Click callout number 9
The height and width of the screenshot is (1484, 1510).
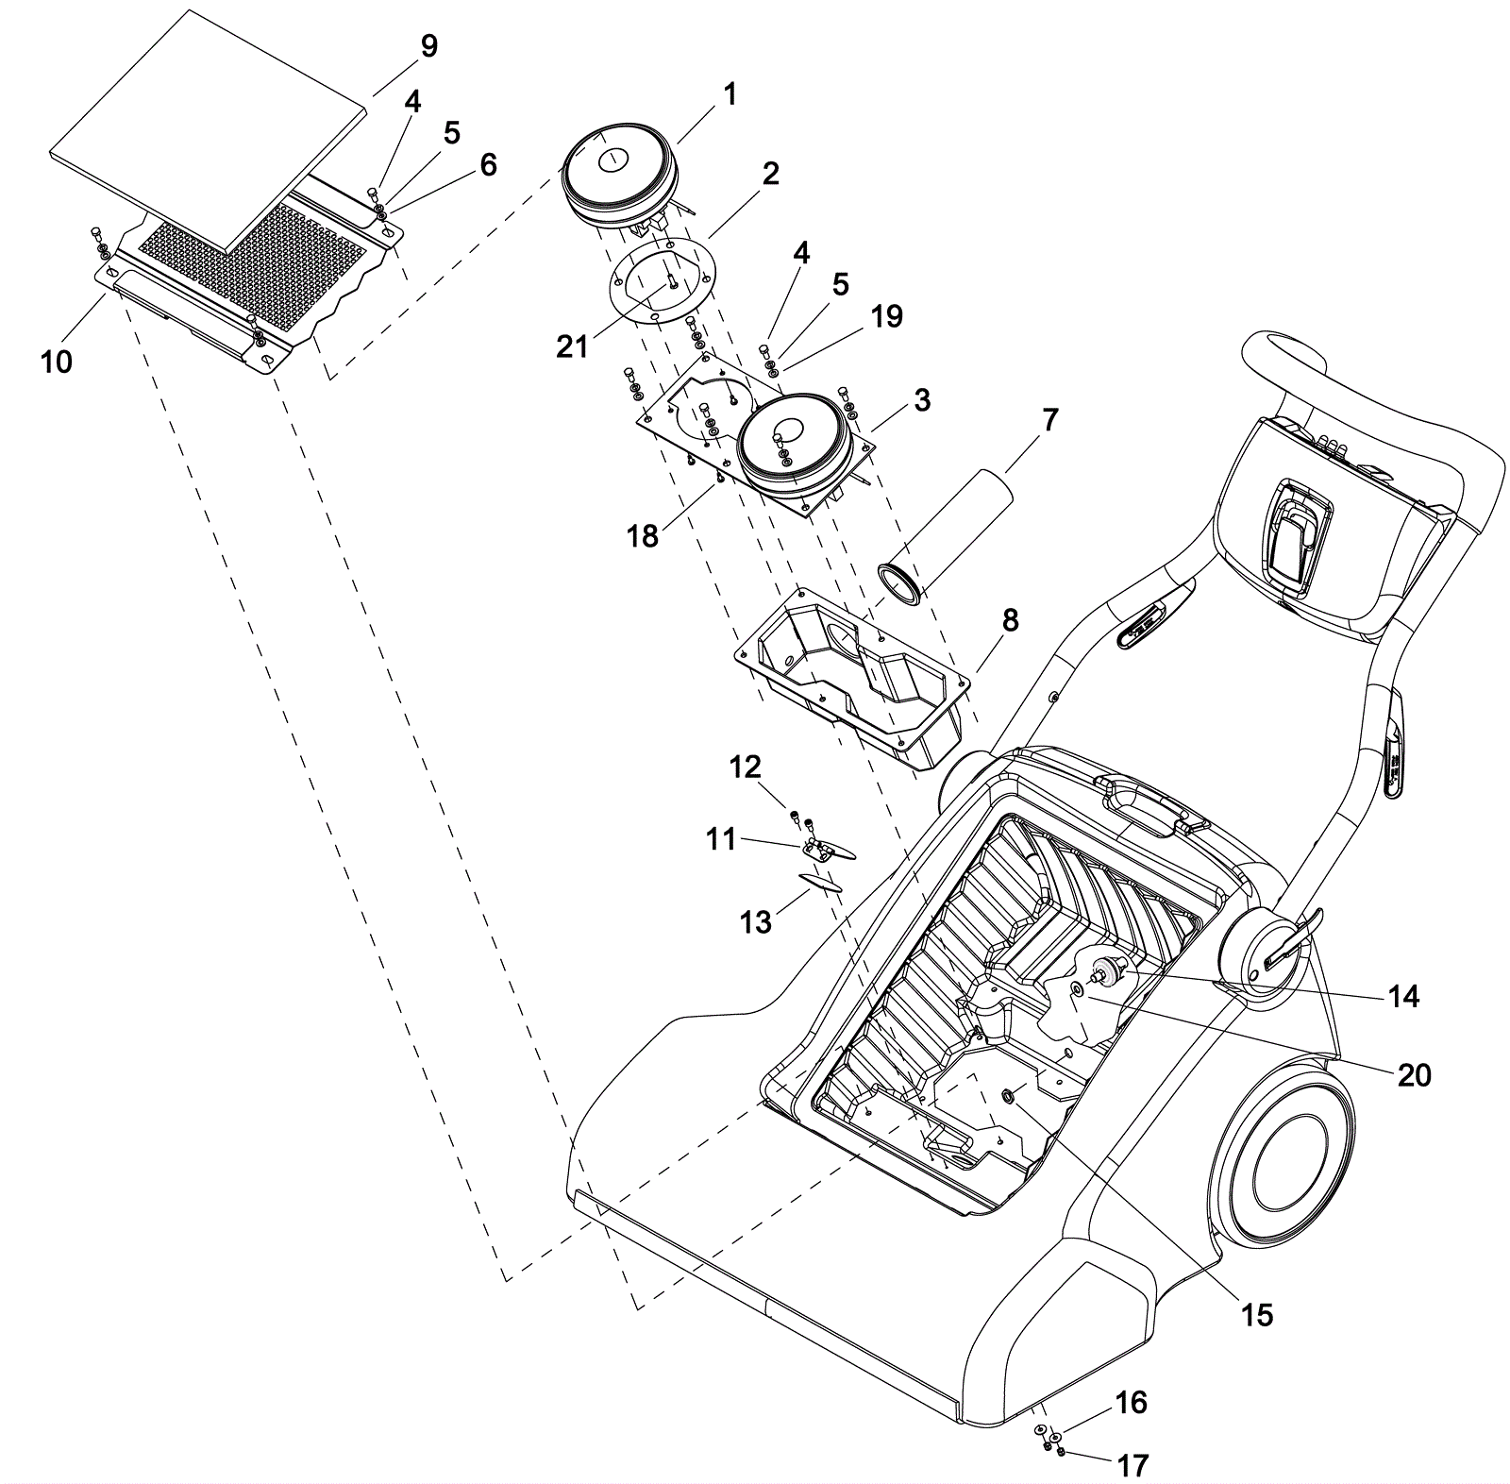click(428, 46)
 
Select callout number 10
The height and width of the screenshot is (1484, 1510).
click(57, 361)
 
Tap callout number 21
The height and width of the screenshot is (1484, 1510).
click(572, 346)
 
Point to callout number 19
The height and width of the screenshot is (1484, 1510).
click(886, 316)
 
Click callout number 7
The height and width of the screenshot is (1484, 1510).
click(1050, 420)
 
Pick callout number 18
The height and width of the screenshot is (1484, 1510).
click(643, 535)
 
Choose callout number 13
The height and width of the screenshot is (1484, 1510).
click(756, 921)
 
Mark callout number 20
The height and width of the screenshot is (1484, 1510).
click(1414, 1074)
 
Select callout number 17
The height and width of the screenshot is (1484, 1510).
click(1132, 1464)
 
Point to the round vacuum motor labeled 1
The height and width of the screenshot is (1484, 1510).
click(618, 175)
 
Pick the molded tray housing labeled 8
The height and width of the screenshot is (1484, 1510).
click(849, 680)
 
